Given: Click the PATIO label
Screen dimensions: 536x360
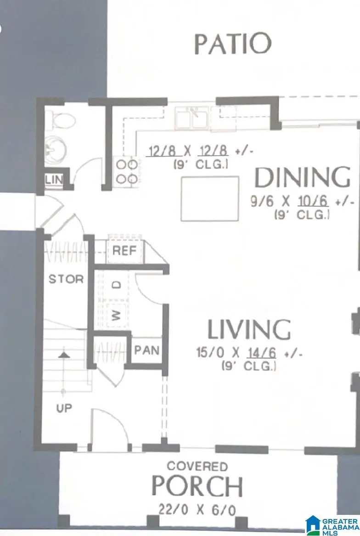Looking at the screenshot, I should (232, 44).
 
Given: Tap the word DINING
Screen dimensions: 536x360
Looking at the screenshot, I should (302, 178).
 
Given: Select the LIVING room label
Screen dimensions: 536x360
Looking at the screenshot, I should (249, 329).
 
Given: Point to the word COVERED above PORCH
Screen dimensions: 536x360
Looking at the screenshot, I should (197, 467).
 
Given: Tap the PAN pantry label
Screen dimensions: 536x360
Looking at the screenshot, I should (146, 351).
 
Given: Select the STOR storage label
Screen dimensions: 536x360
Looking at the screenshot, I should (66, 279).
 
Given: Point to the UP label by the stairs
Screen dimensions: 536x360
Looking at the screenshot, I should (64, 407).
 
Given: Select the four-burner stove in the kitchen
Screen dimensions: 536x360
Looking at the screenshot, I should (126, 171).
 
